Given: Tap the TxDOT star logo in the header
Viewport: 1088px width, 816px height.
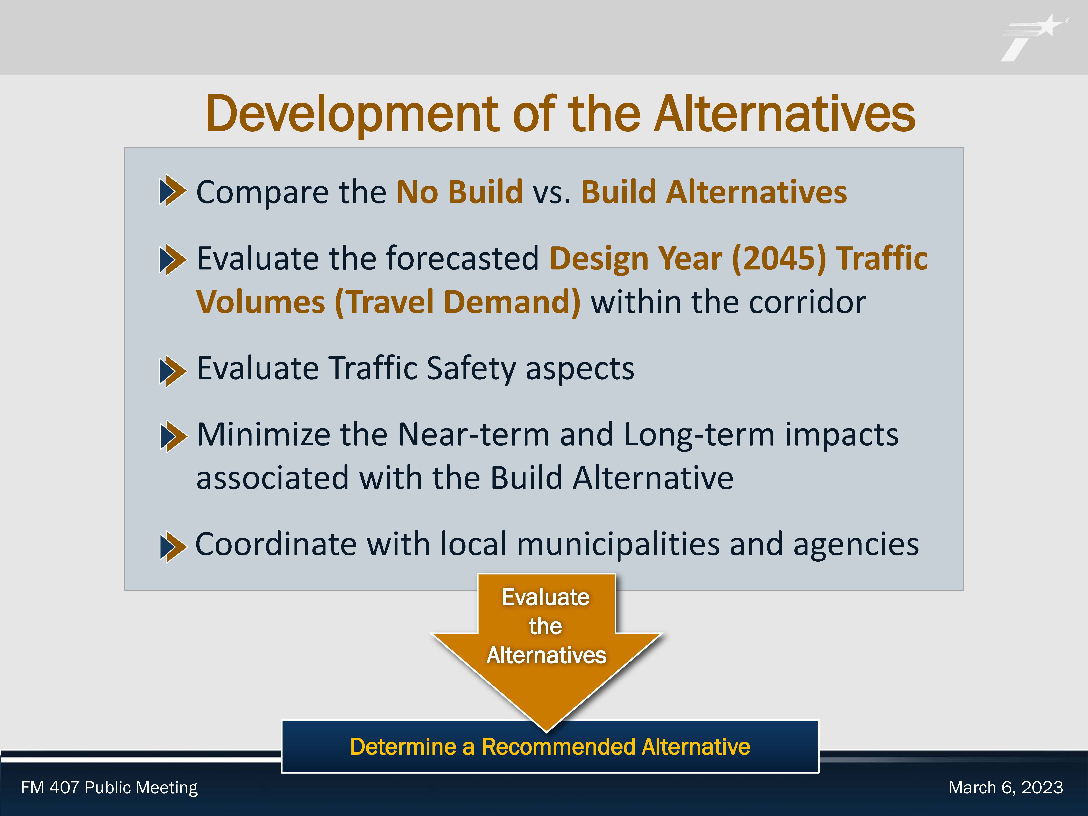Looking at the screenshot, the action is [1033, 38].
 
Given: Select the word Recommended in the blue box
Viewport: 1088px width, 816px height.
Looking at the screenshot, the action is [558, 747].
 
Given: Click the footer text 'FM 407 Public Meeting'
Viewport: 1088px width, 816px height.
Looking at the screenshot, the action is [109, 788].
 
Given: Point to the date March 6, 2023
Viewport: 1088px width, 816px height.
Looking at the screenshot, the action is [1006, 788].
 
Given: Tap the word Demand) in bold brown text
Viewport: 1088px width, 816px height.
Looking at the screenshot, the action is [512, 302].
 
